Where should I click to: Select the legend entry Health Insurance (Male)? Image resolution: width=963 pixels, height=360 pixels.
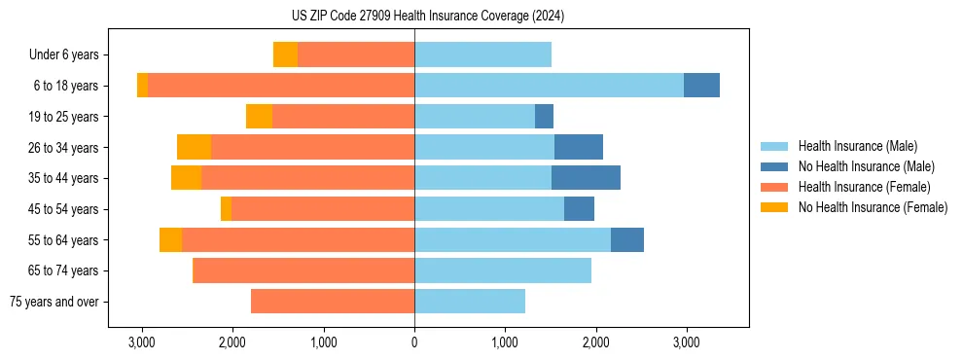coord(857,146)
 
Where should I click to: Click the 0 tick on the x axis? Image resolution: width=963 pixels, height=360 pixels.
coord(414,342)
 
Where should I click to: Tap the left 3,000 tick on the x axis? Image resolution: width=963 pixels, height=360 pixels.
coord(142,342)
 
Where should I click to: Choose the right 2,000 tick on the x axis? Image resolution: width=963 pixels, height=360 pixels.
coord(595,342)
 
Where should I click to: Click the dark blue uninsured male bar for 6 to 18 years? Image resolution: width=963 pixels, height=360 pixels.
coord(701,86)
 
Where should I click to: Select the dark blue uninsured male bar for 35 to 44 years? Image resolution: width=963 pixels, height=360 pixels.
coord(586,178)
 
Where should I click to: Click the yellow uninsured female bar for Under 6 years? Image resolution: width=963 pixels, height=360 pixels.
coord(285,54)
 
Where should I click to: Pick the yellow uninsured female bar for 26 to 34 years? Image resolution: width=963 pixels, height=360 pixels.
coord(194,147)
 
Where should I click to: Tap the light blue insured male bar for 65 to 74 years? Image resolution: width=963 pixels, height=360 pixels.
coord(503,270)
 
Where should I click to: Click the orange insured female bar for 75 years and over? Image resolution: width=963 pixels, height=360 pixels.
coord(333,302)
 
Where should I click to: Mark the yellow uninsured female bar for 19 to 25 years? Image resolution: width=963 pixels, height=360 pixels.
coord(259,117)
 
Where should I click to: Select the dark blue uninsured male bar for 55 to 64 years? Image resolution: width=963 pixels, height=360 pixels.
coord(627,239)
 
